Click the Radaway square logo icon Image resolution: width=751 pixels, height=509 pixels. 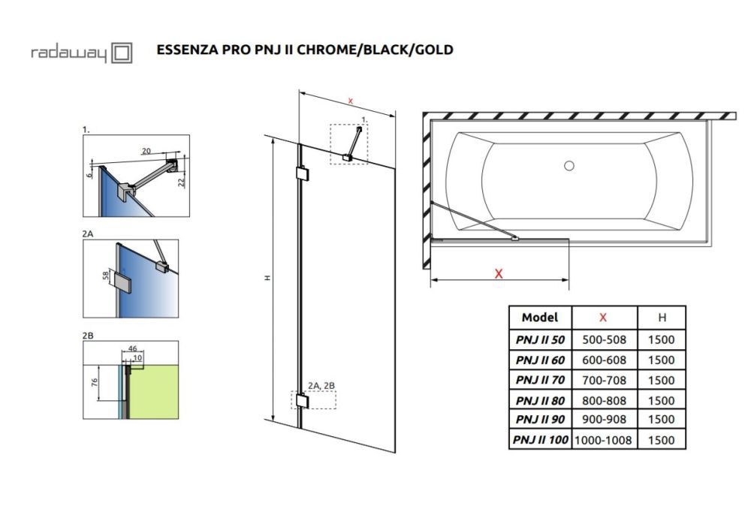(122, 53)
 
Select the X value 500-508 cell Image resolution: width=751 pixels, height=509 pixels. (604, 339)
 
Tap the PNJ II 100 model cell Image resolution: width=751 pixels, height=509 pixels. (540, 440)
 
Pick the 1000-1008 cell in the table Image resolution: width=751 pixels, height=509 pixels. (604, 440)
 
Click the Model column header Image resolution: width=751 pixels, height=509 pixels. (540, 318)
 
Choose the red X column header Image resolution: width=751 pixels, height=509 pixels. (604, 318)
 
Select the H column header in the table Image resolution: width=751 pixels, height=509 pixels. (661, 318)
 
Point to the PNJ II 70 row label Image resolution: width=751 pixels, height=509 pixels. (540, 380)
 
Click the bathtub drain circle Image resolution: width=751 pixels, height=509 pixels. (569, 165)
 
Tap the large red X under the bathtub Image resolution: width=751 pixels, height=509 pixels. (498, 274)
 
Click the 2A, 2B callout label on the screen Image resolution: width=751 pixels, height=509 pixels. (321, 386)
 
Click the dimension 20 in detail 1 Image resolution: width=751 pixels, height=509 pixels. (147, 151)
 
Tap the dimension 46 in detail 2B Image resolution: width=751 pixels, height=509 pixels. (132, 349)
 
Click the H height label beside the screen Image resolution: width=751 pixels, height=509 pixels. (267, 279)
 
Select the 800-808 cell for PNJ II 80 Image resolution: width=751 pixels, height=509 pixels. (604, 400)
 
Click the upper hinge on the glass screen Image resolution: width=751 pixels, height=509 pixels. (302, 174)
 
